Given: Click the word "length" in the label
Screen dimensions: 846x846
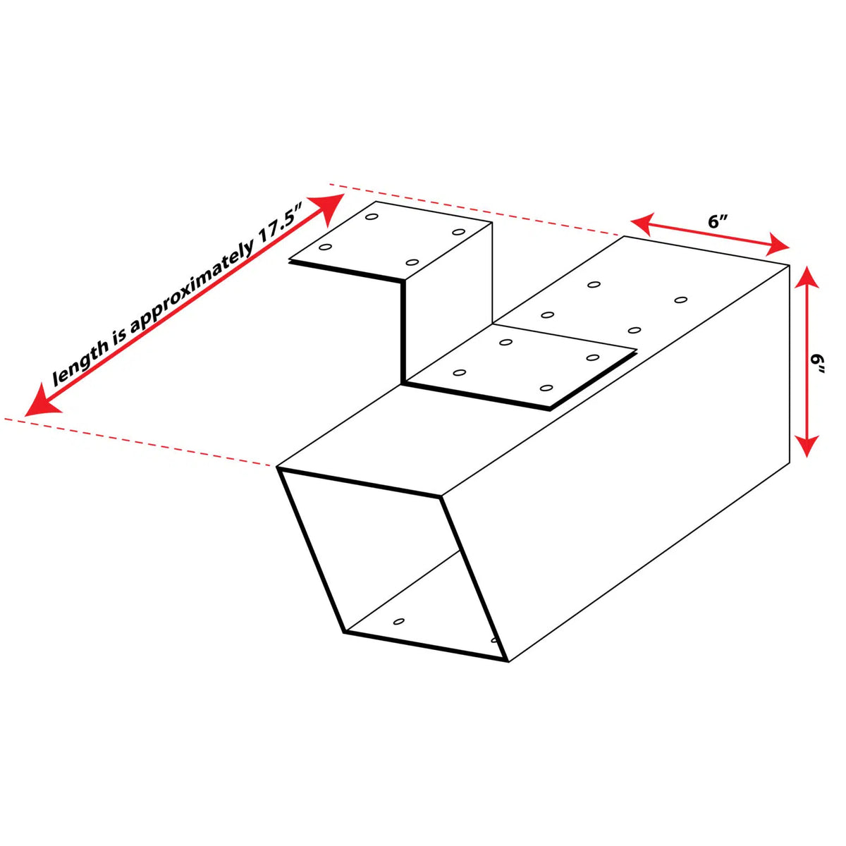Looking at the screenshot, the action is pyautogui.click(x=80, y=364).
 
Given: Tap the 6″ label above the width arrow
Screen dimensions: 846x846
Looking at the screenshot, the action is pyautogui.click(x=715, y=222).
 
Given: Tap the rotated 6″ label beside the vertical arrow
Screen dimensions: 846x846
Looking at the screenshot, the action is pyautogui.click(x=817, y=364).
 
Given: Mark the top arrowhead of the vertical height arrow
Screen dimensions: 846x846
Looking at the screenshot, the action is pyautogui.click(x=807, y=278).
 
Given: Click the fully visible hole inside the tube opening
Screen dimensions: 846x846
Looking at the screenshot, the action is pyautogui.click(x=398, y=621).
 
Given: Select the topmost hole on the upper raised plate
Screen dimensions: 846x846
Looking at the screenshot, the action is pyautogui.click(x=372, y=217).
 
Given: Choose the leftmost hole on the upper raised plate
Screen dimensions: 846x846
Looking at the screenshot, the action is pyautogui.click(x=325, y=247).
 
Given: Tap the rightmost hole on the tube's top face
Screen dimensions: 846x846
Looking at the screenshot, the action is pyautogui.click(x=681, y=300).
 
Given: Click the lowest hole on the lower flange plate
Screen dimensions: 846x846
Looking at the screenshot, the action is pyautogui.click(x=546, y=388).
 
